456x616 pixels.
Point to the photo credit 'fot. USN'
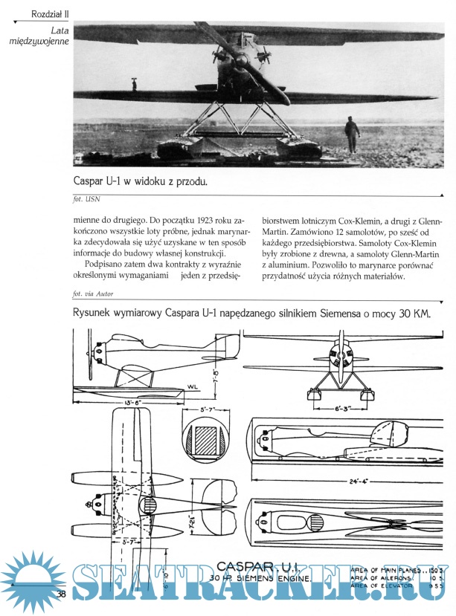click(87, 198)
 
